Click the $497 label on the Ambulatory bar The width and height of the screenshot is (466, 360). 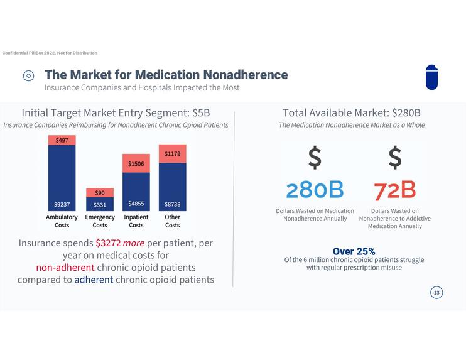coord(62,140)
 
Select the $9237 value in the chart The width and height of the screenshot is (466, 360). coord(62,204)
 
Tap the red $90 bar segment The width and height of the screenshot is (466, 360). coord(100,193)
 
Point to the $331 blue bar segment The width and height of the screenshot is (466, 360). coord(100,204)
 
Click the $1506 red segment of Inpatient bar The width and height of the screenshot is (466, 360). coord(136,163)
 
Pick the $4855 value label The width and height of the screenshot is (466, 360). coord(136,204)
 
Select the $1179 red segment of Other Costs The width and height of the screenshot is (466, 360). coord(172,154)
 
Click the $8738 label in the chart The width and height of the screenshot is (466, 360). coord(172,204)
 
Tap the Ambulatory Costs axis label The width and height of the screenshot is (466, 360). coord(62,221)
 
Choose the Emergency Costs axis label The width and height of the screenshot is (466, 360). coord(100,221)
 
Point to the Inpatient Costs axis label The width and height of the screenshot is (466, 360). coord(136,221)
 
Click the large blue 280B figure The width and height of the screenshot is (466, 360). coord(315,190)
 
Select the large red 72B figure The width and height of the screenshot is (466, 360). coord(394,190)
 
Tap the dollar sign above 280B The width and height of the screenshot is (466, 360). coord(315,158)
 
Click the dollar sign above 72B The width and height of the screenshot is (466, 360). coord(394,158)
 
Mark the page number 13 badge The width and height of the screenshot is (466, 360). coord(436,292)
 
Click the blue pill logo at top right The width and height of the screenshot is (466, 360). coord(431,77)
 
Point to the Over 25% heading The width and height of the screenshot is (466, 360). coord(354,251)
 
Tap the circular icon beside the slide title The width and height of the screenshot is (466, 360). coord(29,75)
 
